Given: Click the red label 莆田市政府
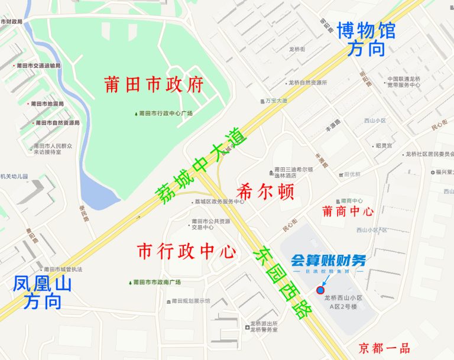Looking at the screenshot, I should coord(154,85).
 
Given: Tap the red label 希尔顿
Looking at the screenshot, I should coord(265,192).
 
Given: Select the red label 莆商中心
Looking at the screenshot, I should coord(348,211).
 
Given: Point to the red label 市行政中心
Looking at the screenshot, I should coord(187,251).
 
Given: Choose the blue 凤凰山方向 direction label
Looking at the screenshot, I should coord(42,293).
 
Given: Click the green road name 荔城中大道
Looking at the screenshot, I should coord(200,168).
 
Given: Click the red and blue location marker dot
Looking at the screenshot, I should coord(320,290).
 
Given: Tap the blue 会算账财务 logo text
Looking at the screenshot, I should coord(329,260).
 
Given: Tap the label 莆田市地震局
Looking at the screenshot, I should coord(47,104).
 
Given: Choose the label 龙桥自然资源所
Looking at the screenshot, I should coord(307,83).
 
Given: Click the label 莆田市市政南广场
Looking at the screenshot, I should coord(157,282).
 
